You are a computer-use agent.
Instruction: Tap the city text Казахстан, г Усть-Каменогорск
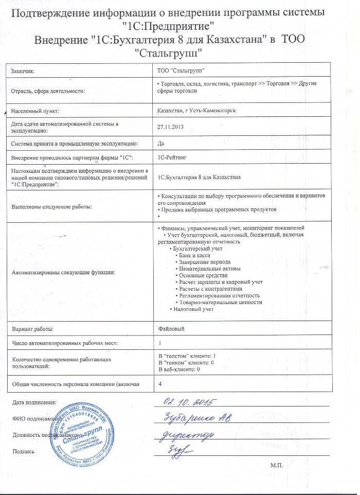click(x=196, y=111)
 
